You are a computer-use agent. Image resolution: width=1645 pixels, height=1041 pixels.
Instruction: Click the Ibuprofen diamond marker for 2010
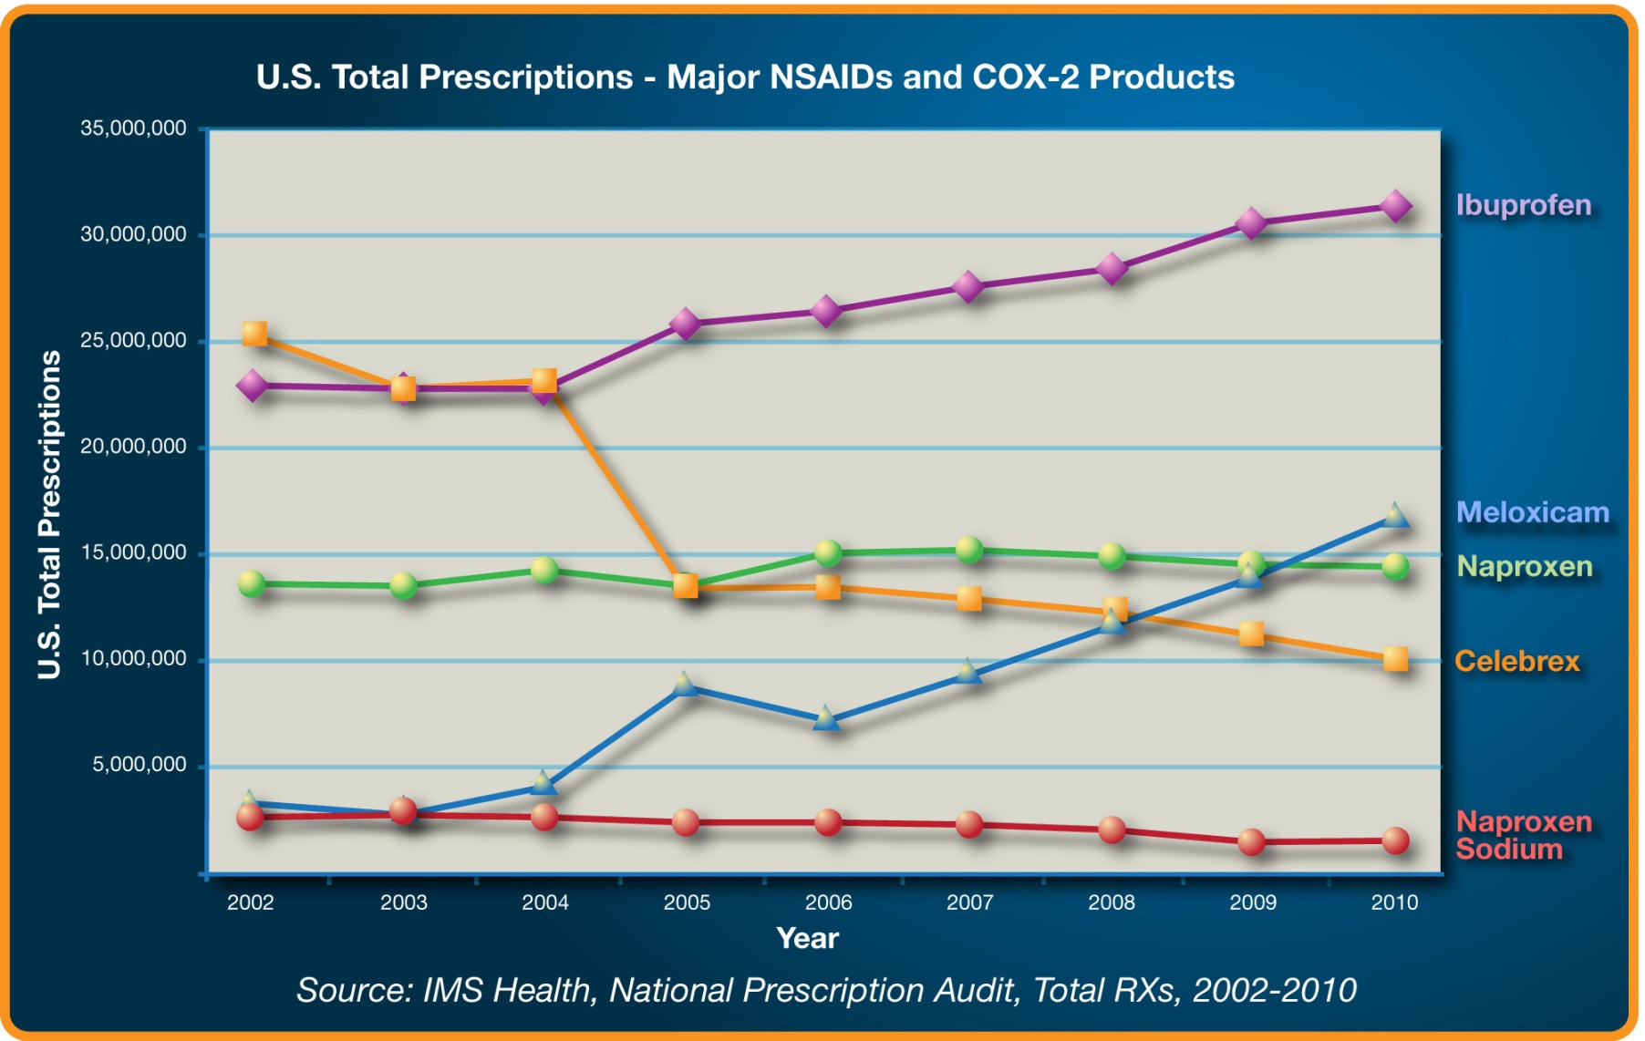(x=1395, y=206)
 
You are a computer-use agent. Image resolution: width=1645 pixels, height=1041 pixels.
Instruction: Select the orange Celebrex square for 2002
(x=254, y=334)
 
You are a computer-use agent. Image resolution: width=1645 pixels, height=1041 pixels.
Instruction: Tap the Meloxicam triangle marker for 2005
(x=686, y=685)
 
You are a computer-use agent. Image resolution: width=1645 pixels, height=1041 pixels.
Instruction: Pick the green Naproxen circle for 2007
(x=968, y=550)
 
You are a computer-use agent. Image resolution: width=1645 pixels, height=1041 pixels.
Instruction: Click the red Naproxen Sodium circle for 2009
(x=1252, y=841)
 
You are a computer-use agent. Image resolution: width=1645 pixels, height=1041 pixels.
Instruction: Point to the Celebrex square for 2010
(x=1395, y=659)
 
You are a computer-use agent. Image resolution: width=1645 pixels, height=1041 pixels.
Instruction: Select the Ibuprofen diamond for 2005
(x=686, y=324)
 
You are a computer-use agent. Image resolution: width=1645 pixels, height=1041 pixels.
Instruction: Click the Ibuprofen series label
(x=1523, y=205)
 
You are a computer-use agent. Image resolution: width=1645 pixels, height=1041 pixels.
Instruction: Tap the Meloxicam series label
(x=1532, y=512)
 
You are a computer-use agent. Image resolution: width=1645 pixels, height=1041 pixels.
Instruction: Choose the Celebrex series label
(x=1516, y=661)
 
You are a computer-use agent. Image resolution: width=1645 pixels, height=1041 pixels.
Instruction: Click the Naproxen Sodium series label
(x=1523, y=835)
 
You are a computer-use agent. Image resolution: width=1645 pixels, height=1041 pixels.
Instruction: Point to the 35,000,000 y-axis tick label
(x=133, y=129)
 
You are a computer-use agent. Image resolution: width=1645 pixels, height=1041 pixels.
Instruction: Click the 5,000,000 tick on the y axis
(x=139, y=765)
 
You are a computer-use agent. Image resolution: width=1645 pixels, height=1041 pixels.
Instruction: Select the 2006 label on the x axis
(x=828, y=902)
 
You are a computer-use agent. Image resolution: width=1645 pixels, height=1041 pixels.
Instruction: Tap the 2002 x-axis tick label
(x=250, y=902)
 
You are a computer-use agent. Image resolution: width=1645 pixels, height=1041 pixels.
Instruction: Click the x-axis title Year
(x=807, y=938)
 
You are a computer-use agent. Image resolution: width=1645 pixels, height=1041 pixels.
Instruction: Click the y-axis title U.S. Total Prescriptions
(x=49, y=515)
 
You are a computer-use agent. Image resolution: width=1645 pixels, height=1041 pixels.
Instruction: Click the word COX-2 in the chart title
(x=1026, y=77)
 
